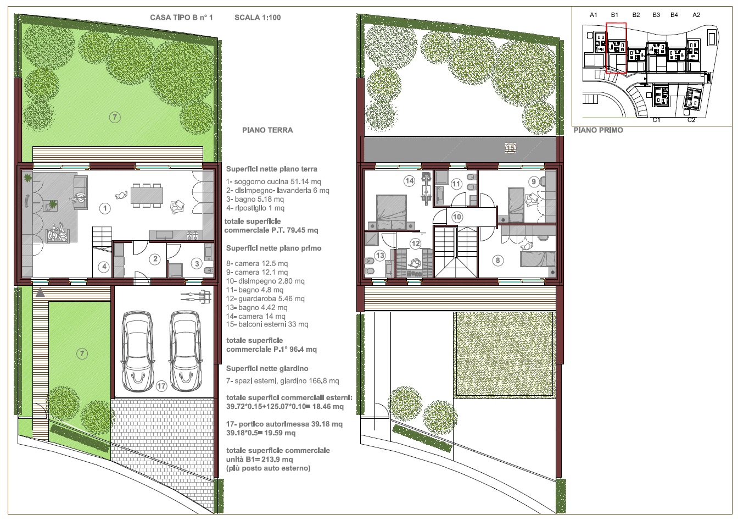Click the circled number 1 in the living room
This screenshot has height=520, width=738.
coord(105,208)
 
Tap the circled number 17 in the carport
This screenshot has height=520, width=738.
coord(161,386)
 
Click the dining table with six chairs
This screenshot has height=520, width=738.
coord(147,196)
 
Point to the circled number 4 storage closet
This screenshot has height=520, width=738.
coord(104,267)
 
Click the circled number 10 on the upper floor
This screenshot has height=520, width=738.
coord(457,217)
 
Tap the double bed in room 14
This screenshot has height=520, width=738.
coord(392,212)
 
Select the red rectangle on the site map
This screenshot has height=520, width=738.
coord(616,48)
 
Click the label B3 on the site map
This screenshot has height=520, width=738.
coord(656,15)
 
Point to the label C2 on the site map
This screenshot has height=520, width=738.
coord(691,120)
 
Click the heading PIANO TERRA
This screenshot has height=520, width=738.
coord(267,130)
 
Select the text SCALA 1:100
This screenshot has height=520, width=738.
coord(258,18)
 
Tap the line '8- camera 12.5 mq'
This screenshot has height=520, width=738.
coord(256,263)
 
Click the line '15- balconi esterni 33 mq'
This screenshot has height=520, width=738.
coord(267,324)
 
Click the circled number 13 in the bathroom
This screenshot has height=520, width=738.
coord(380,256)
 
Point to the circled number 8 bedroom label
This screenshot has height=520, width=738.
coord(497,261)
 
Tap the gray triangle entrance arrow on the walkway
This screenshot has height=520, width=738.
coord(40,292)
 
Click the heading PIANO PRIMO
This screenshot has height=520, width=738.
coord(598,130)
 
